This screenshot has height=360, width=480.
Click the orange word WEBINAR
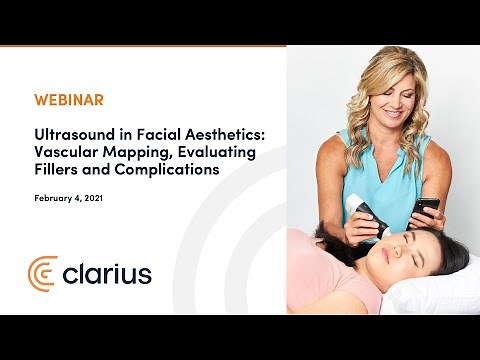pos(69,101)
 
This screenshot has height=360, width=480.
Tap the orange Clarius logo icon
pos(43,272)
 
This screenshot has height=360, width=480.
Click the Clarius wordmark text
pos(107,272)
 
